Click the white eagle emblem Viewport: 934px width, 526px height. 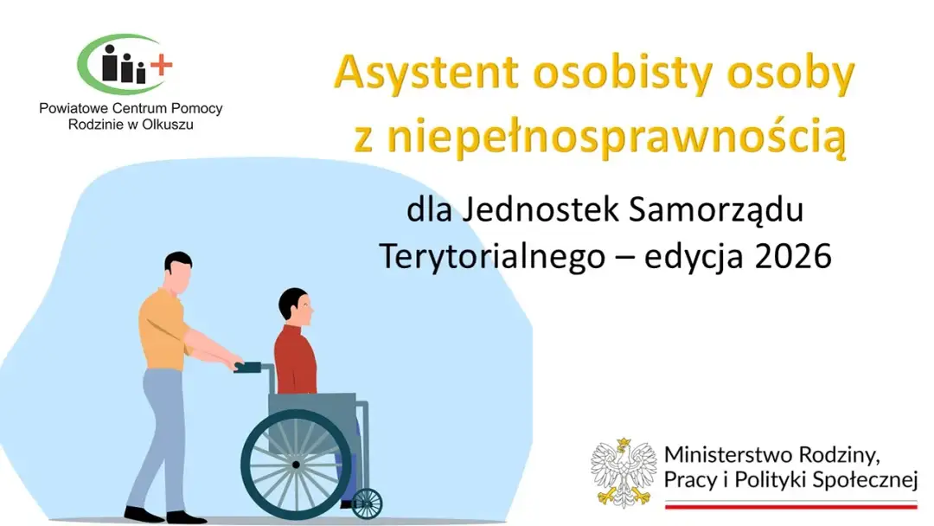[x=624, y=472]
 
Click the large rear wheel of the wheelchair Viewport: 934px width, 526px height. [x=296, y=464]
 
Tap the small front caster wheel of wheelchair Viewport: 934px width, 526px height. [x=367, y=503]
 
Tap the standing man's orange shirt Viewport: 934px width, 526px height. [x=163, y=330]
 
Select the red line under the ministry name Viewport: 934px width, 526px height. [x=790, y=504]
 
